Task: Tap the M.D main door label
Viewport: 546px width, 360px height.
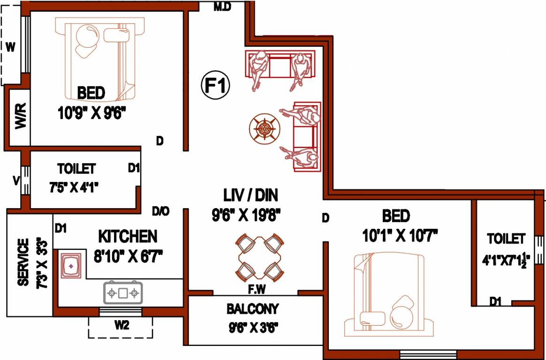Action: pyautogui.click(x=222, y=7)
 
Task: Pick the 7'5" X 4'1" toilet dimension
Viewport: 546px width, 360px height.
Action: pyautogui.click(x=74, y=187)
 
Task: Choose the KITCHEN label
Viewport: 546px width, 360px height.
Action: pyautogui.click(x=127, y=236)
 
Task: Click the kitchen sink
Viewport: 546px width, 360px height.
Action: pyautogui.click(x=71, y=266)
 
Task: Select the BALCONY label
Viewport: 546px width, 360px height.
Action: pyautogui.click(x=252, y=309)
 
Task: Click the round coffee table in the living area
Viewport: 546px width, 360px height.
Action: pyautogui.click(x=265, y=128)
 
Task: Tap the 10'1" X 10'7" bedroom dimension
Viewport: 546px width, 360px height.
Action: pyautogui.click(x=400, y=236)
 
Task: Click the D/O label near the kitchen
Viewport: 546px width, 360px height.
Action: pyautogui.click(x=160, y=211)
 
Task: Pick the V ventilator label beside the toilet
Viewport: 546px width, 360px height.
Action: pyautogui.click(x=16, y=180)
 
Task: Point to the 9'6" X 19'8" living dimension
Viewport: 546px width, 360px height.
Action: pyautogui.click(x=246, y=216)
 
